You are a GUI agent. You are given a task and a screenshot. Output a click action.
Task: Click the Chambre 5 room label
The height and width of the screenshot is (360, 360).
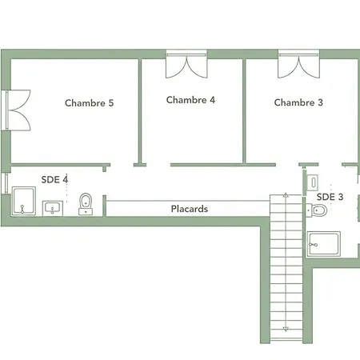[89, 103]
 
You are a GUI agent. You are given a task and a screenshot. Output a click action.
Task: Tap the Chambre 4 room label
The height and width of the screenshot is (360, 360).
[190, 100]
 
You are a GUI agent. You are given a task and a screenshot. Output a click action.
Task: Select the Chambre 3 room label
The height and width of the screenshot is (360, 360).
[298, 102]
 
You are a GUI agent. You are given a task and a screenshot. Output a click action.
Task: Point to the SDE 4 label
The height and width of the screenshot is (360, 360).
[54, 179]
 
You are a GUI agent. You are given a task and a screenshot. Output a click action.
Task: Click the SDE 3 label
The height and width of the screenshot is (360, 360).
[330, 197]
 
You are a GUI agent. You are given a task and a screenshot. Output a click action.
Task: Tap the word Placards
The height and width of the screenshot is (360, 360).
[190, 209]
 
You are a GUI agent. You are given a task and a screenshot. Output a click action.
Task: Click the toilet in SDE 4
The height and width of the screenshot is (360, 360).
[86, 204]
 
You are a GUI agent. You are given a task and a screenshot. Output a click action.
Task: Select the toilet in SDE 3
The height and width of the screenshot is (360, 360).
[317, 210]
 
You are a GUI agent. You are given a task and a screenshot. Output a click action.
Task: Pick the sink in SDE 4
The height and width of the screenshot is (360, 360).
[53, 208]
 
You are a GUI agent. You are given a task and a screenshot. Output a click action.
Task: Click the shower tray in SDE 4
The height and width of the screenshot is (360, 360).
[24, 201]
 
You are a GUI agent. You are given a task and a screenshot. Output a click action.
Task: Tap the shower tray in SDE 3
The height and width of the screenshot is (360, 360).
[323, 244]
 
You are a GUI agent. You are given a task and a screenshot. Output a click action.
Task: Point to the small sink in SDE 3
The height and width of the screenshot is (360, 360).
[313, 182]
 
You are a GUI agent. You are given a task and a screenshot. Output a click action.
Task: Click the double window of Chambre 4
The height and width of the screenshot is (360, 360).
[186, 64]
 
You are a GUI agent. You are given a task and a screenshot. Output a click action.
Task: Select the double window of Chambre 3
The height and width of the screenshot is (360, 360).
[298, 64]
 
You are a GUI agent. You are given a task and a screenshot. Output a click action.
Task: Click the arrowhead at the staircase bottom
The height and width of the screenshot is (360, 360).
[286, 329]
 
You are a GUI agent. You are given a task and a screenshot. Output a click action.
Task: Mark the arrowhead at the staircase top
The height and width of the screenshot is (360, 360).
[286, 195]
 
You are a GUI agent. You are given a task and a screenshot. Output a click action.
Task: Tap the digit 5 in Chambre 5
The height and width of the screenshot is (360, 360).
[111, 103]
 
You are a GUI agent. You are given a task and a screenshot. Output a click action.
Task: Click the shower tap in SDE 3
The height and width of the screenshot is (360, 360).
[313, 244]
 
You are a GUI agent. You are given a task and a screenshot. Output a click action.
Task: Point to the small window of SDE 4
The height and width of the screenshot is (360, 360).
[6, 183]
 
